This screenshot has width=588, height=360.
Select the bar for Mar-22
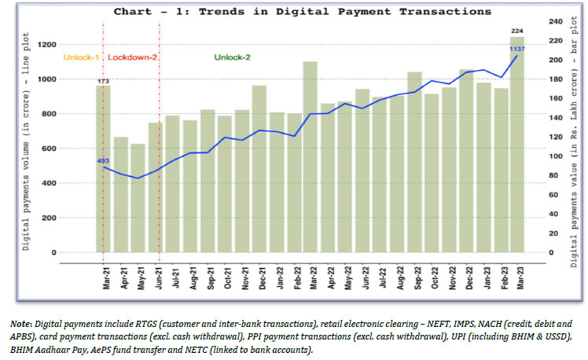pyautogui.click(x=310, y=157)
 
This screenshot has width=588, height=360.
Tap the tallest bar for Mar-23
pyautogui.click(x=516, y=145)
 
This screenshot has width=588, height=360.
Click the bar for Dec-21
pyautogui.click(x=259, y=169)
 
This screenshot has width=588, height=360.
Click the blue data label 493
pyautogui.click(x=103, y=161)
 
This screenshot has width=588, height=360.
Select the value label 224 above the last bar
pyautogui.click(x=516, y=31)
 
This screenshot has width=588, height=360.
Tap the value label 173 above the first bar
pyautogui.click(x=103, y=80)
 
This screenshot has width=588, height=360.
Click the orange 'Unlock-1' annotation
pyautogui.click(x=79, y=57)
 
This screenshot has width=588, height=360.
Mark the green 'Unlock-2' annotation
pyautogui.click(x=232, y=57)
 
